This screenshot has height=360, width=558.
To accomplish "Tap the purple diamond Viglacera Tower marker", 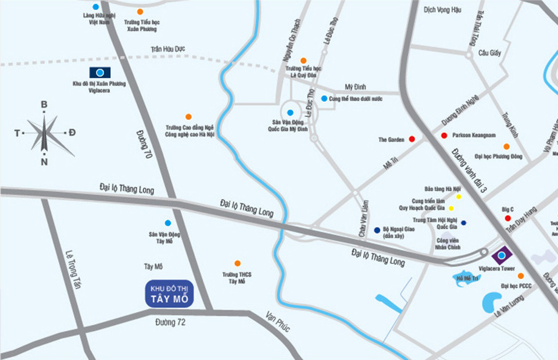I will point(501,255).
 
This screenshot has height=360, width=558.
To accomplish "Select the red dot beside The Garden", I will point(412,139).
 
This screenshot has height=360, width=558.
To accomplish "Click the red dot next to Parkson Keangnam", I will point(444,136).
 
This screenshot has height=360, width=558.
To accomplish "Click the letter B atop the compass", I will point(44,105).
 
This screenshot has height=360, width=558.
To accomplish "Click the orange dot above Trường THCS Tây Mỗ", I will point(237,263).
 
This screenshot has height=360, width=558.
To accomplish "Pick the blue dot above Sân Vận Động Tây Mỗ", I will point(168,223).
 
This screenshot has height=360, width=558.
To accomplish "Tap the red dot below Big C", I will point(507,219).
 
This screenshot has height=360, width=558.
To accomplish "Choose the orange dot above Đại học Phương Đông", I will point(506,147).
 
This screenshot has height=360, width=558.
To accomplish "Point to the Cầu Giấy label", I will point(489,53).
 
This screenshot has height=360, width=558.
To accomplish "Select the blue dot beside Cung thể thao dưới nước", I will point(324,98).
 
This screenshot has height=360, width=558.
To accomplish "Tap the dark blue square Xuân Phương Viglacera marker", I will point(100,73).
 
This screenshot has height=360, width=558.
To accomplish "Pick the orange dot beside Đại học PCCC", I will point(520,276).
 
